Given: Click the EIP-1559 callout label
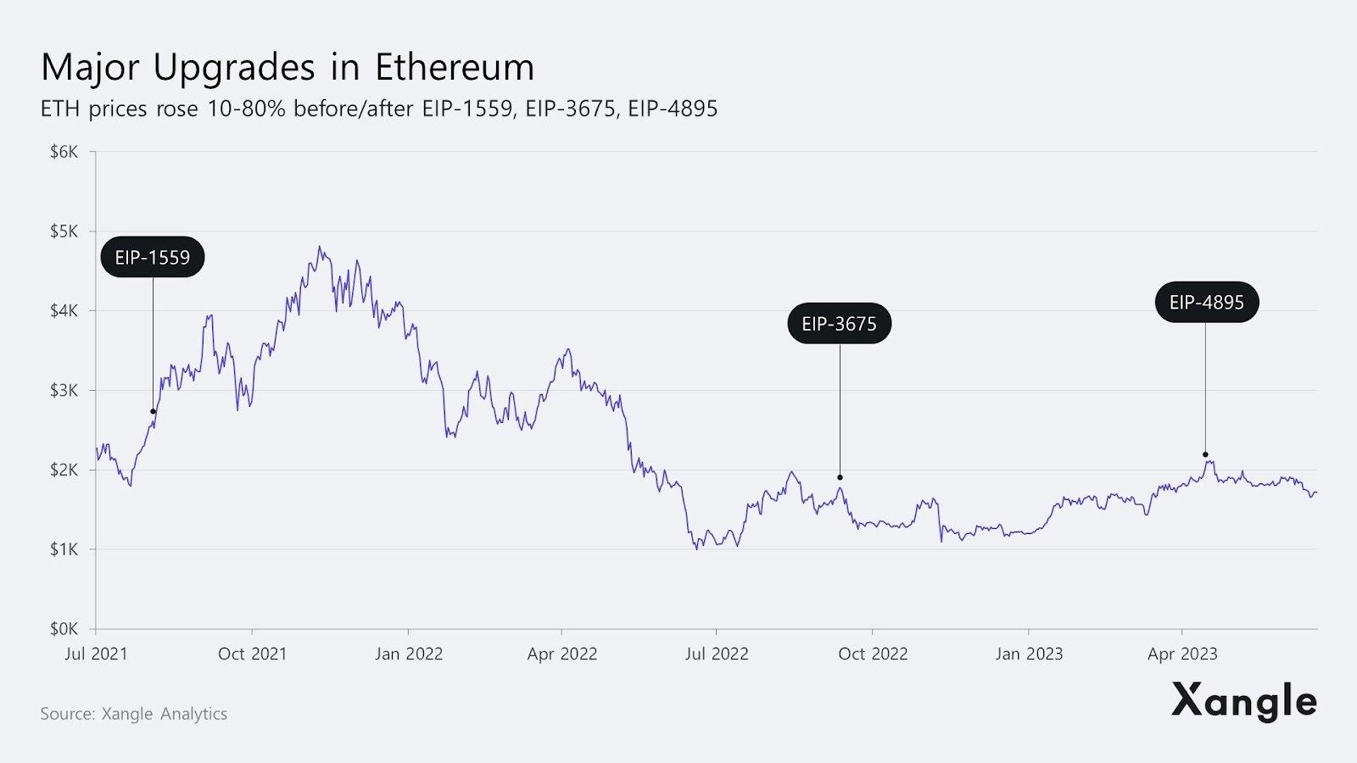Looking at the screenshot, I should [x=153, y=257].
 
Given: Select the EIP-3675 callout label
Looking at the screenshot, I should [x=839, y=323].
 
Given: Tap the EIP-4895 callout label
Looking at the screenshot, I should [x=1206, y=302].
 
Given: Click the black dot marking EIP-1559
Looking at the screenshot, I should [x=154, y=412].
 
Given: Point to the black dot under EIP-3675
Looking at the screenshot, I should [x=840, y=477].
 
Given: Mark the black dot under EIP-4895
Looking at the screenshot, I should [x=1205, y=454].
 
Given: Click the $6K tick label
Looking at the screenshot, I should [x=64, y=152].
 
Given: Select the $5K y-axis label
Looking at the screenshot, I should [x=64, y=231].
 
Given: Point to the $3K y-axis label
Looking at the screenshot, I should [x=64, y=390].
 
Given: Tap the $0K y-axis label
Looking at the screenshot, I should [x=64, y=629].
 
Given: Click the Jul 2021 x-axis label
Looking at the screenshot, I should [x=96, y=654].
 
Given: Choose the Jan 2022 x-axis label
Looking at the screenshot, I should [x=409, y=654].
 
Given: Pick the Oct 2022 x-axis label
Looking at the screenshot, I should [x=873, y=654].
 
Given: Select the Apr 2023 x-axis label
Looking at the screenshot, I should [x=1182, y=654].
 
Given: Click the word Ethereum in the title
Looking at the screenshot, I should [x=455, y=67].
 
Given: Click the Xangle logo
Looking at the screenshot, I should [x=1243, y=701].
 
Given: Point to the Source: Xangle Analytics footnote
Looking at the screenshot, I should [x=134, y=714].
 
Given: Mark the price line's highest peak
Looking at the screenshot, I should [x=320, y=248].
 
